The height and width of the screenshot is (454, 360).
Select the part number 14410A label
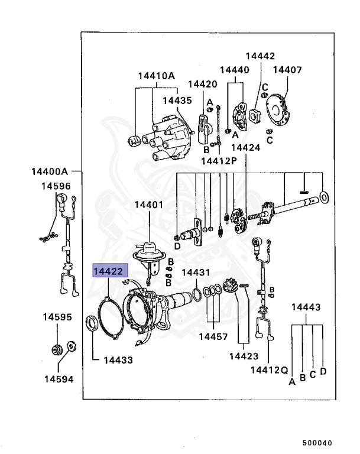[x=157, y=76]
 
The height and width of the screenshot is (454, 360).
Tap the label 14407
[x=287, y=70]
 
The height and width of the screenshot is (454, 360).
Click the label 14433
[x=118, y=359]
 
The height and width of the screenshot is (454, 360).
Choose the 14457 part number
[x=213, y=336]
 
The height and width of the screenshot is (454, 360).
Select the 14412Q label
[x=268, y=370]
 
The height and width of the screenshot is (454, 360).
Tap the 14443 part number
[x=306, y=307]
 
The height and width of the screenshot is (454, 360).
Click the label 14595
[x=57, y=317]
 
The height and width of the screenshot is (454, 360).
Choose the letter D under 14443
[x=323, y=371]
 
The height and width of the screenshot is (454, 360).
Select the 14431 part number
[x=195, y=273]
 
